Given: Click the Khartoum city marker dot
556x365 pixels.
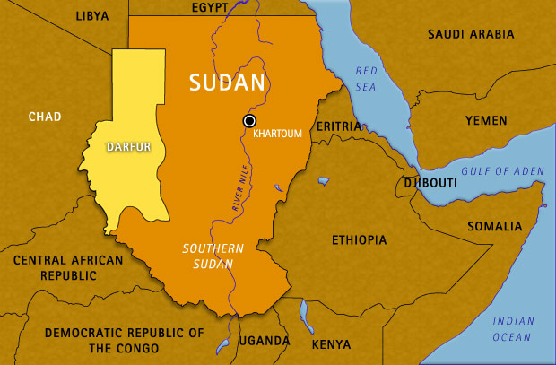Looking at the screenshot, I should point(249,120).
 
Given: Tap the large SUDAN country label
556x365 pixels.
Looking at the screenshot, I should point(227,83).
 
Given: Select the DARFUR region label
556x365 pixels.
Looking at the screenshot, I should point(128,146).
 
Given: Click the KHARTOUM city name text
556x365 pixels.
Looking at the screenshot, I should point(279,134).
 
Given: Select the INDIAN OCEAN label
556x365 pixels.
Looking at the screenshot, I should point(513,328).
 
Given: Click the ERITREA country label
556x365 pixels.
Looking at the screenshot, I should point(338,126).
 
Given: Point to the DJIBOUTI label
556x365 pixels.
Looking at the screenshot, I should point(430,183).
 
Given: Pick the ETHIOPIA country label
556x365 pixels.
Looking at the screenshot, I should point(359,240).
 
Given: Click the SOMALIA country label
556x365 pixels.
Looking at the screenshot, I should point(493,226).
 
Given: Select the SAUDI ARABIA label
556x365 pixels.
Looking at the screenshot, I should point(471,34).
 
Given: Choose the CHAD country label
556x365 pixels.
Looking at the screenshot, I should point(44,117).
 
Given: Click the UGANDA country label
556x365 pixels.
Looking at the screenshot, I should point(264,342).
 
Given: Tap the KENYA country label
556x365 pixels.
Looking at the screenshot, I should point(331,343).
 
